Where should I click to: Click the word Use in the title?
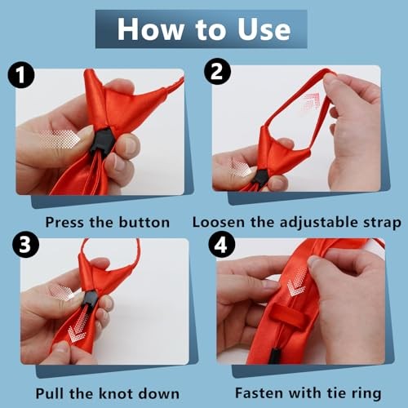tap(264, 29)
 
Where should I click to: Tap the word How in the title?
tap(150, 29)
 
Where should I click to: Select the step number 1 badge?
tap(21, 74)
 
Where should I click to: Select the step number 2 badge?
tap(217, 72)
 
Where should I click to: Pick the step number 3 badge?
tap(25, 244)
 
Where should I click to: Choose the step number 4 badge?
tap(222, 244)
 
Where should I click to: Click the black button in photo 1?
tap(101, 140)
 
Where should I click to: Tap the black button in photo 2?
tap(259, 178)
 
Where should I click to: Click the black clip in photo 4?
tap(275, 356)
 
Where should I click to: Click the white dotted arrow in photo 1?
tap(60, 140)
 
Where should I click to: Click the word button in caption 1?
tap(144, 223)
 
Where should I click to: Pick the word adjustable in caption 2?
tap(319, 223)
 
